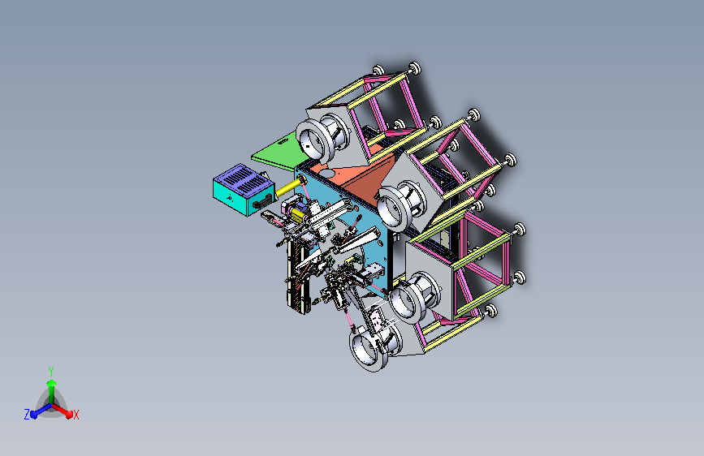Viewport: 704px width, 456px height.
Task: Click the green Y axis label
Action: pyautogui.click(x=51, y=371)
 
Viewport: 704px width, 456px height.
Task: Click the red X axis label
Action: pyautogui.click(x=76, y=415)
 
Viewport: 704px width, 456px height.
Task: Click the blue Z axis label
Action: pyautogui.click(x=27, y=415)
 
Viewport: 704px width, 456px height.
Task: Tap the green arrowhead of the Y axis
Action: pyautogui.click(x=51, y=383)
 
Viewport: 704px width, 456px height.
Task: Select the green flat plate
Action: pyautogui.click(x=281, y=153)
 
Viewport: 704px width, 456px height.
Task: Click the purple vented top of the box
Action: pyautogui.click(x=244, y=176)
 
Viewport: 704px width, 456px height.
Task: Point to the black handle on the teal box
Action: pyautogui.click(x=263, y=202)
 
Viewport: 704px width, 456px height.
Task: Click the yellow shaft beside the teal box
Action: pyautogui.click(x=290, y=186)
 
